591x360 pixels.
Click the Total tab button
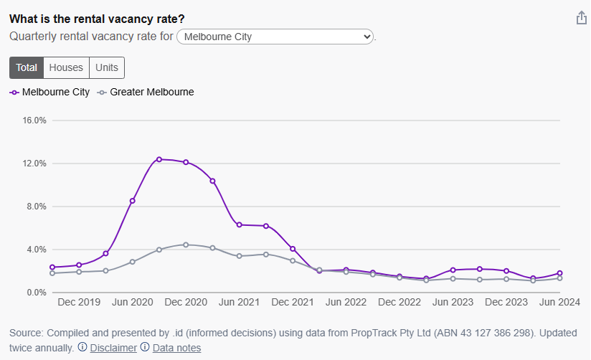click(x=27, y=67)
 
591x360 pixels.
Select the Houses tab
click(x=66, y=67)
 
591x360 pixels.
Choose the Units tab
click(x=107, y=67)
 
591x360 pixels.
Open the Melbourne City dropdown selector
click(x=275, y=36)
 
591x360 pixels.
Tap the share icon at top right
click(x=582, y=18)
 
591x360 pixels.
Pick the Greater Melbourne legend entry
click(x=146, y=92)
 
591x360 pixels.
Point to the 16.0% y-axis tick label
click(x=34, y=120)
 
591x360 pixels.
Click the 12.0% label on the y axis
click(x=34, y=164)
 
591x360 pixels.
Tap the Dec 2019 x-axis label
click(x=79, y=303)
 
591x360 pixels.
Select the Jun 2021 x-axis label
click(x=239, y=303)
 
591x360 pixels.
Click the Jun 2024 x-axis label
click(x=559, y=303)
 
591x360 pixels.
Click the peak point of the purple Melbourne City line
click(x=159, y=159)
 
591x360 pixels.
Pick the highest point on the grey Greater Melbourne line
click(x=186, y=245)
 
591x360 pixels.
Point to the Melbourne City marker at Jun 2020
click(x=133, y=201)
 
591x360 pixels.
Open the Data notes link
click(x=176, y=348)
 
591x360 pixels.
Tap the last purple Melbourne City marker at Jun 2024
click(x=559, y=273)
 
